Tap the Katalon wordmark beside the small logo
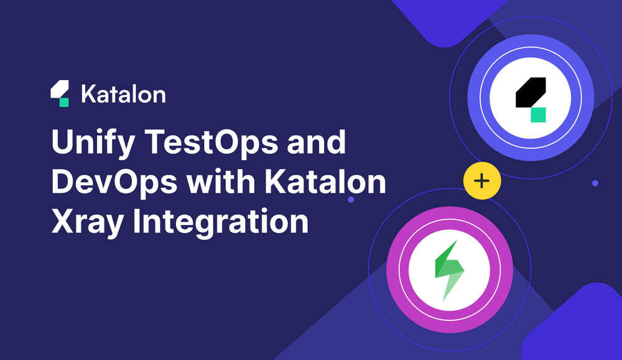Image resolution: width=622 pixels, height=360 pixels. point(123,95)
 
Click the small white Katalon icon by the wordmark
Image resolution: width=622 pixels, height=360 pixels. point(60,94)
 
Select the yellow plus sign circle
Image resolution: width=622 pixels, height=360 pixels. point(481,181)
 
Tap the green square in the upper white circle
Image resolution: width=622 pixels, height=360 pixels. point(538,114)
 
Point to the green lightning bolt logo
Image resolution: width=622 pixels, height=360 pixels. point(449,270)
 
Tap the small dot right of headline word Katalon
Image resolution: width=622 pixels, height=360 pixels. point(351,200)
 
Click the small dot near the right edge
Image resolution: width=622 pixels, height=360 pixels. point(595,183)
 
